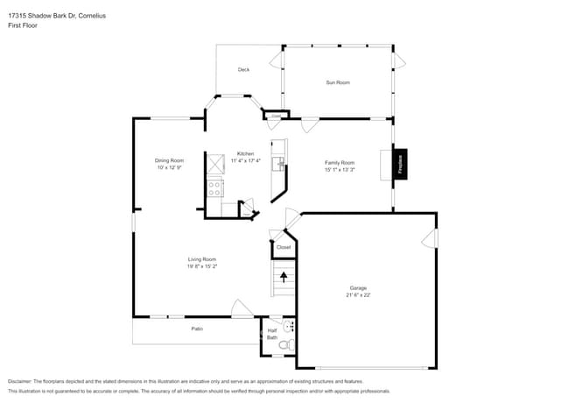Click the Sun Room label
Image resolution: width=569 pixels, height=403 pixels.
click(x=338, y=82)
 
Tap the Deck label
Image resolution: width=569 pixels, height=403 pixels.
click(x=243, y=69)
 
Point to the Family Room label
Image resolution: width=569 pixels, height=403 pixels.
click(x=340, y=163)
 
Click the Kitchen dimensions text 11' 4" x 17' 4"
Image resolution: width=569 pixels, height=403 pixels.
click(x=246, y=160)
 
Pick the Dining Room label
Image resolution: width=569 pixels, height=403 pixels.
click(x=170, y=160)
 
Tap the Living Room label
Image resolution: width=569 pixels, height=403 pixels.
click(x=201, y=259)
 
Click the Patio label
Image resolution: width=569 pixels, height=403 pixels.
click(x=197, y=329)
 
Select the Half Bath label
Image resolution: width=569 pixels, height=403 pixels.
click(x=272, y=334)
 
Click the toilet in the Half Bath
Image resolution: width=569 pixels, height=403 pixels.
click(x=285, y=346)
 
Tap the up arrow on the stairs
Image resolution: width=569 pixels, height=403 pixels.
click(x=283, y=279)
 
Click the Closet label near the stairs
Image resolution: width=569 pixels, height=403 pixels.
click(x=283, y=247)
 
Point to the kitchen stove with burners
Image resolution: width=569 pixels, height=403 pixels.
click(x=214, y=188)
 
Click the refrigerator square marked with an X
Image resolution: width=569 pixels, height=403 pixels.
click(x=214, y=166)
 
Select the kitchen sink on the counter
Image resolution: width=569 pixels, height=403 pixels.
click(x=279, y=163)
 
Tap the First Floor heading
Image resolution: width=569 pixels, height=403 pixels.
click(x=23, y=25)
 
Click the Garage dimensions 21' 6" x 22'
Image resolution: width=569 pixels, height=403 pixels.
click(x=358, y=295)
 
